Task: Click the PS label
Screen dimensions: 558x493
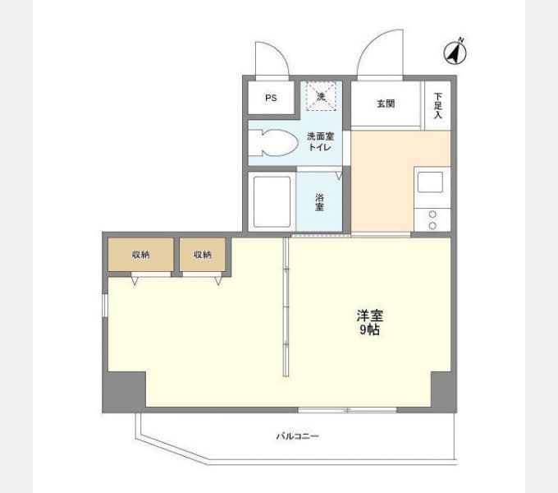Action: pyautogui.click(x=271, y=98)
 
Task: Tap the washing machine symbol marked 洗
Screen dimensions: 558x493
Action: pyautogui.click(x=321, y=96)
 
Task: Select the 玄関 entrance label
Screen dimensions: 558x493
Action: pyautogui.click(x=386, y=104)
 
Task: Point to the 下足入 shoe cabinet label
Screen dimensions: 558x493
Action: pyautogui.click(x=437, y=105)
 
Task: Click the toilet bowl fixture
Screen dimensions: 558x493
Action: pyautogui.click(x=272, y=143)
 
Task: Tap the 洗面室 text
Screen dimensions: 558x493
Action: pyautogui.click(x=320, y=136)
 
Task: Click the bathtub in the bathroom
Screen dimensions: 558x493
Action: pyautogui.click(x=272, y=201)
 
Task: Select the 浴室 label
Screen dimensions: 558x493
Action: pyautogui.click(x=319, y=202)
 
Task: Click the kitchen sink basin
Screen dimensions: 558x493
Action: pyautogui.click(x=430, y=182)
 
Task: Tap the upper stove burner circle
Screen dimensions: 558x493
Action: pyautogui.click(x=432, y=214)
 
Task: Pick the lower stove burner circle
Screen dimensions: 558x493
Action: pyautogui.click(x=432, y=225)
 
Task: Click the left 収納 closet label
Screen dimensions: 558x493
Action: pyautogui.click(x=140, y=255)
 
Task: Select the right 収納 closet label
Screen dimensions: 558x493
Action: pyautogui.click(x=203, y=255)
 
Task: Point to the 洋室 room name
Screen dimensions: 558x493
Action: pyautogui.click(x=370, y=316)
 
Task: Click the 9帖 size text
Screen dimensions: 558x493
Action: pyautogui.click(x=369, y=329)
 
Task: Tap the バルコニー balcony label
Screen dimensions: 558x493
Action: pyautogui.click(x=298, y=436)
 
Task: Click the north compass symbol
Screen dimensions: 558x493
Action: pyautogui.click(x=455, y=52)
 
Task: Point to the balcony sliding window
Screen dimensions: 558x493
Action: pyautogui.click(x=347, y=410)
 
